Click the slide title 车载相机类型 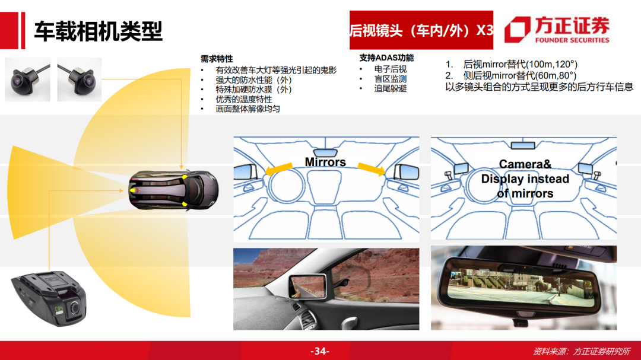(x=98, y=31)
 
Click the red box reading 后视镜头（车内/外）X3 (x=421, y=30)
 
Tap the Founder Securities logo (x=557, y=30)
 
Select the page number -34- (x=320, y=351)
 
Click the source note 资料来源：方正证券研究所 (x=581, y=352)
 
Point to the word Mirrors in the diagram (x=325, y=162)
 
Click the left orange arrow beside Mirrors (x=279, y=169)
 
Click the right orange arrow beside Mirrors (x=372, y=168)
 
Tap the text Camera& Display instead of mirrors (x=525, y=179)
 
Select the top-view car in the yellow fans (x=173, y=190)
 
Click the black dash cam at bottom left (x=49, y=298)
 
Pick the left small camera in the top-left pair (x=27, y=79)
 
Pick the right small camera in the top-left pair (x=80, y=79)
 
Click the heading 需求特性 (x=217, y=59)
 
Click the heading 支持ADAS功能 (x=386, y=58)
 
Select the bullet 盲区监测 (x=391, y=79)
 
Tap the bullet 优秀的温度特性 (x=244, y=99)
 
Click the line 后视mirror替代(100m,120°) (x=520, y=64)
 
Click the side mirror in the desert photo (x=308, y=286)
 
